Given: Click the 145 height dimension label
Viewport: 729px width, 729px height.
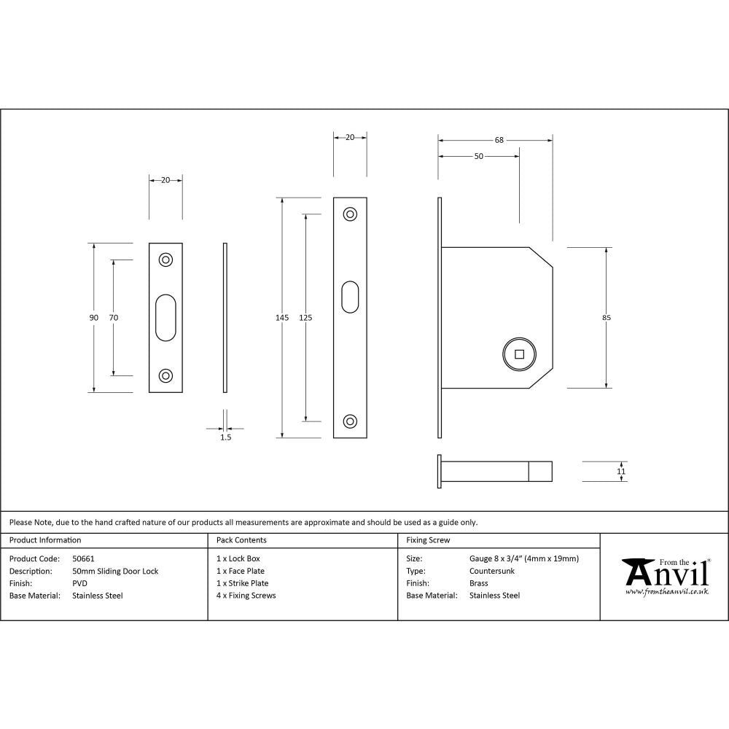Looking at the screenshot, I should pyautogui.click(x=282, y=317).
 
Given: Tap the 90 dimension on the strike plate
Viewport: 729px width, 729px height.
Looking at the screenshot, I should pyautogui.click(x=93, y=317).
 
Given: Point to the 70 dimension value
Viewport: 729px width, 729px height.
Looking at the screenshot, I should pyautogui.click(x=113, y=317).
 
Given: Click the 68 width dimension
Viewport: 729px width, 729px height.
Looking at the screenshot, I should pyautogui.click(x=499, y=140).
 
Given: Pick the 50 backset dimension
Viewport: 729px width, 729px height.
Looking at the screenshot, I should pyautogui.click(x=478, y=157).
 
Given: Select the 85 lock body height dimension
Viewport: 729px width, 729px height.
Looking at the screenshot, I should pyautogui.click(x=607, y=317).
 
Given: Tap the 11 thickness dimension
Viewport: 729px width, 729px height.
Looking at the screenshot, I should pyautogui.click(x=620, y=472).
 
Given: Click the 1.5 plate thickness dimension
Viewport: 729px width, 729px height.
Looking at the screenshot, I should pyautogui.click(x=225, y=437).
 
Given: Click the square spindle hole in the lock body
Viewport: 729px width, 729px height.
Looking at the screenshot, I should pyautogui.click(x=519, y=355).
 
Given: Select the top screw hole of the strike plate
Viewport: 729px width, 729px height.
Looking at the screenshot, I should pyautogui.click(x=166, y=260).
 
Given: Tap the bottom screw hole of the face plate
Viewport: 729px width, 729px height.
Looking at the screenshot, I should pyautogui.click(x=350, y=421).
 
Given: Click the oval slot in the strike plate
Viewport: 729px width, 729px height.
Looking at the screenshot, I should pyautogui.click(x=166, y=317).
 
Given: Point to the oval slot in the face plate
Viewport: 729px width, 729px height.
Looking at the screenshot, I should pyautogui.click(x=350, y=297).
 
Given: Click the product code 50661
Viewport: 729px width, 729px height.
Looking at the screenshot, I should pyautogui.click(x=84, y=558).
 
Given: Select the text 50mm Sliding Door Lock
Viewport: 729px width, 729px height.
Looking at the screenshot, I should pyautogui.click(x=115, y=571).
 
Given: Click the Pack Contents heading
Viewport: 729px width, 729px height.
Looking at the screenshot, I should pyautogui.click(x=241, y=540).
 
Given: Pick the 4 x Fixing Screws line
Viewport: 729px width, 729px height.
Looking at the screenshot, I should pyautogui.click(x=246, y=596).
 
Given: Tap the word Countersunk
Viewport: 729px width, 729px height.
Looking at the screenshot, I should pyautogui.click(x=492, y=571).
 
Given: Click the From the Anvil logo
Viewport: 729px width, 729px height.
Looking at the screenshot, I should pyautogui.click(x=665, y=577).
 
